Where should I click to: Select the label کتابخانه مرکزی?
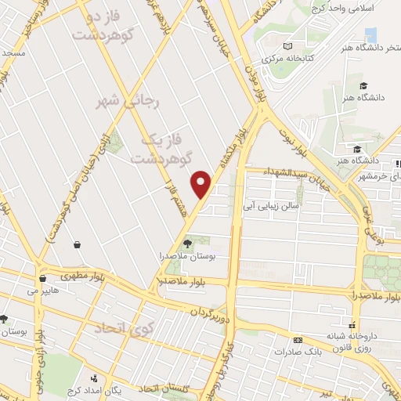tap(287, 60)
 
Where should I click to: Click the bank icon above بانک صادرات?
tap(297, 340)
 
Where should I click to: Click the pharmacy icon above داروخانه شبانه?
tap(352, 323)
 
